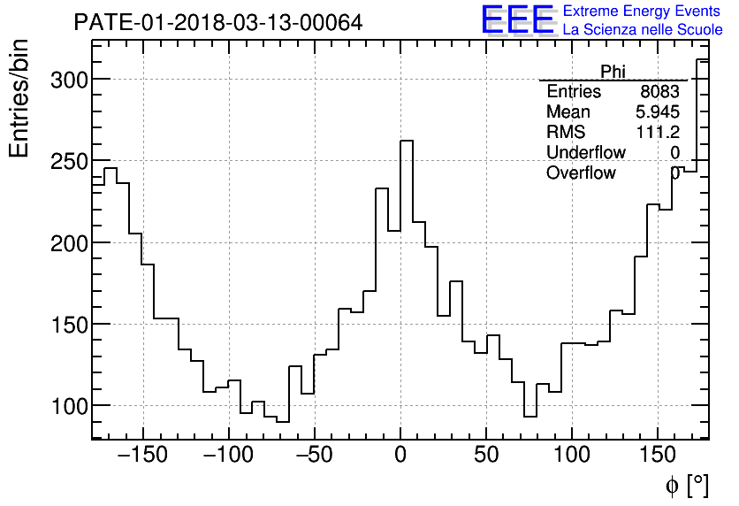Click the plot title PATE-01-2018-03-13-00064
click(217, 23)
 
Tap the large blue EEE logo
click(517, 19)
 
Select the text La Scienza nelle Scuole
click(642, 29)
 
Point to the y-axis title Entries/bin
click(19, 98)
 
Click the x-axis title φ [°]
click(686, 485)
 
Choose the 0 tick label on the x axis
click(400, 456)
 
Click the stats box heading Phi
click(613, 71)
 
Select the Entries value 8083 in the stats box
click(660, 92)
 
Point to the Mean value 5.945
click(658, 112)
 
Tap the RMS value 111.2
click(658, 132)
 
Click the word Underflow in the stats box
click(585, 152)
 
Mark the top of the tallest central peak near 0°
click(407, 141)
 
